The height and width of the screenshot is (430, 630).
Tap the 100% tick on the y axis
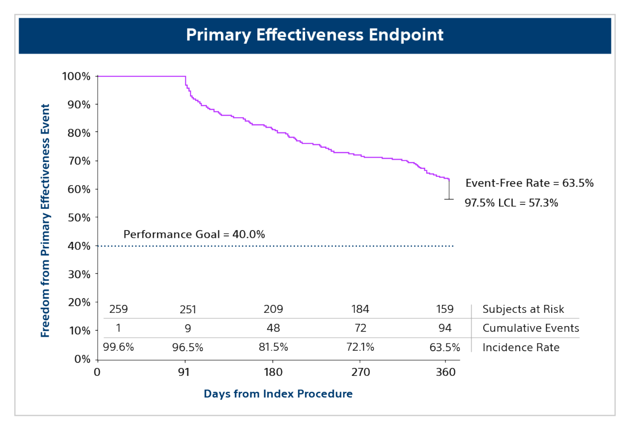(76, 76)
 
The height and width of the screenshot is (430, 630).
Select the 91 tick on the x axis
(185, 371)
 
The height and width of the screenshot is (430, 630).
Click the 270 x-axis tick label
(360, 371)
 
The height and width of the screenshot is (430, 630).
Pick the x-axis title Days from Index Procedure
(278, 394)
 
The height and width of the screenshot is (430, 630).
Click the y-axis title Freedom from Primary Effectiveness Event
(45, 220)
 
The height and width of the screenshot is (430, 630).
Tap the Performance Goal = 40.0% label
(194, 234)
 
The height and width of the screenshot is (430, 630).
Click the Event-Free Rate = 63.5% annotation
(530, 183)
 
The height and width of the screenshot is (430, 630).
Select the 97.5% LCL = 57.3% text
(511, 202)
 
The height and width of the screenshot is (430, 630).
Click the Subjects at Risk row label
(523, 309)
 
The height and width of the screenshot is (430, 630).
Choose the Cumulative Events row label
(531, 328)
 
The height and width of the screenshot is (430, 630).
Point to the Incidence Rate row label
(521, 347)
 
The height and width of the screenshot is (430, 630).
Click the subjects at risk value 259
(118, 309)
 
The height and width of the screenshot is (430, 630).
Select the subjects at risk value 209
(273, 309)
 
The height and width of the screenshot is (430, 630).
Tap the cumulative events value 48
(273, 328)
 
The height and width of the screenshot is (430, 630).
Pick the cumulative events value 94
(445, 328)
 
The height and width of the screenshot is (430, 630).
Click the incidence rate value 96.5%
(188, 347)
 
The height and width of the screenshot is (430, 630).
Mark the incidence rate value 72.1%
(360, 347)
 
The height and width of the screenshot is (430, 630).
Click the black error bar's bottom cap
(449, 199)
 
